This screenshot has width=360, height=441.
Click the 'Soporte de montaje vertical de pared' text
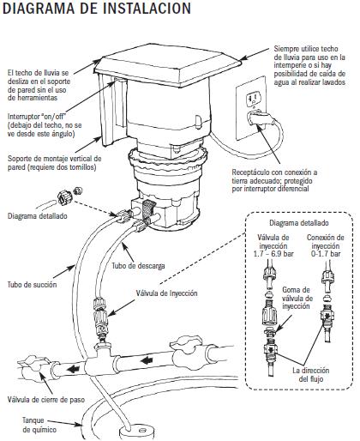53,163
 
